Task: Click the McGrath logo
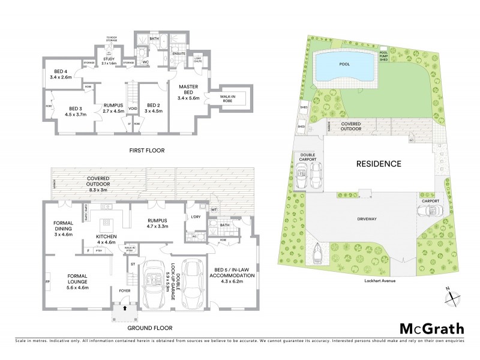pyautogui.click(x=431, y=329)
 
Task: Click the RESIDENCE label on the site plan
pyautogui.click(x=379, y=163)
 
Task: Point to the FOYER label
pyautogui.click(x=125, y=290)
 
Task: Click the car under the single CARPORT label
pyautogui.click(x=428, y=211)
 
